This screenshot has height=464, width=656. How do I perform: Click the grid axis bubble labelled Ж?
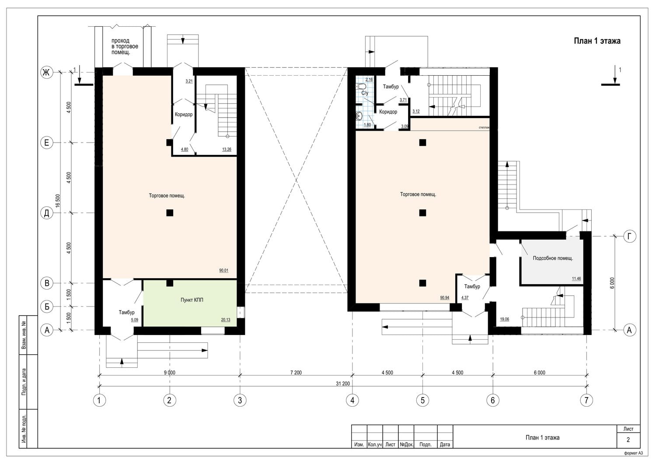[46, 72]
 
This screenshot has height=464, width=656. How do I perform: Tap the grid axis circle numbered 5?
[422, 400]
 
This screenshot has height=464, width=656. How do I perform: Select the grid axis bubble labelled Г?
[629, 236]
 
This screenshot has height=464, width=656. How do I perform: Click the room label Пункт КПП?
[192, 300]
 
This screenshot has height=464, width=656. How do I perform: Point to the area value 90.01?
[224, 270]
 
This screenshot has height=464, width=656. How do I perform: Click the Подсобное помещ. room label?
[553, 258]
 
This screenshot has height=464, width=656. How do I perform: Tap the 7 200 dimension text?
[296, 373]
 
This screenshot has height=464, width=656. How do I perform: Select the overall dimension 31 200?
[342, 384]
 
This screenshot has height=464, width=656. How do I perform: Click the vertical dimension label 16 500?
[58, 201]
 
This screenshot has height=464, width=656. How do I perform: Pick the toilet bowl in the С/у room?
[361, 87]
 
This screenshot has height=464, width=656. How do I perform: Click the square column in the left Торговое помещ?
[170, 213]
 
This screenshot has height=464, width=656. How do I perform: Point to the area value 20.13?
[226, 320]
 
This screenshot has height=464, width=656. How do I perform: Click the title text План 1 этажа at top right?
[597, 41]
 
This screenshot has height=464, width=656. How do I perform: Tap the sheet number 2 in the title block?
[628, 440]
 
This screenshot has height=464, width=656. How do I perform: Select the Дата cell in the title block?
[445, 444]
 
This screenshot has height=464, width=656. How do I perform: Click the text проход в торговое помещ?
[125, 46]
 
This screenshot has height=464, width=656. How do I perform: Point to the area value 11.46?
[576, 279]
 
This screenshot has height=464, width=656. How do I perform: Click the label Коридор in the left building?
[184, 114]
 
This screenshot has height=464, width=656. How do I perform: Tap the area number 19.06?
[504, 319]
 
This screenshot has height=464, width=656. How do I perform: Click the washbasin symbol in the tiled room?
[359, 116]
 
